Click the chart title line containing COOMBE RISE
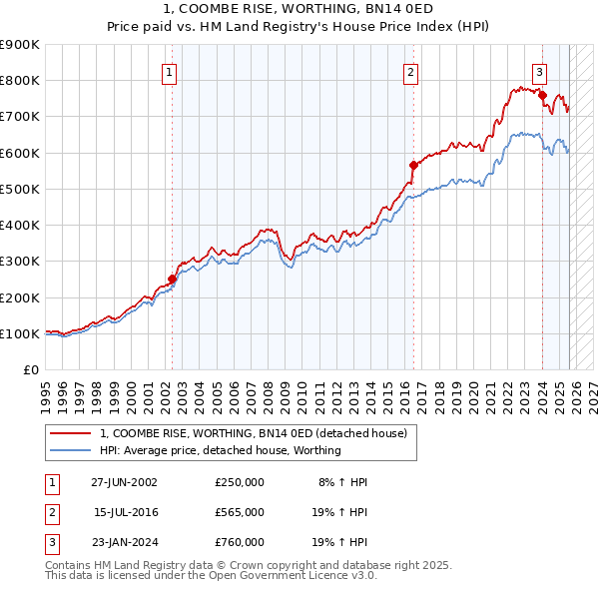pyautogui.click(x=299, y=10)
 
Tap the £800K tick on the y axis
pyautogui.click(x=20, y=80)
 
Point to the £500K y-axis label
pyautogui.click(x=20, y=189)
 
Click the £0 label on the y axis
pyautogui.click(x=31, y=370)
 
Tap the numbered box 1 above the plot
pyautogui.click(x=169, y=72)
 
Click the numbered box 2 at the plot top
pyautogui.click(x=410, y=72)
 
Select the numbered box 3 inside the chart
pyautogui.click(x=539, y=72)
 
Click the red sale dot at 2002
pyautogui.click(x=172, y=280)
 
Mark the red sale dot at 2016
pyautogui.click(x=412, y=165)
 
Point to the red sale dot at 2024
pyautogui.click(x=542, y=95)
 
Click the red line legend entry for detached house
pyautogui.click(x=253, y=433)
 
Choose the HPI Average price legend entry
pyautogui.click(x=220, y=450)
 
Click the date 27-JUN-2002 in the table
pyautogui.click(x=124, y=481)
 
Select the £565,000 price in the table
pyautogui.click(x=239, y=512)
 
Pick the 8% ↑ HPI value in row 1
pyautogui.click(x=342, y=481)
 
